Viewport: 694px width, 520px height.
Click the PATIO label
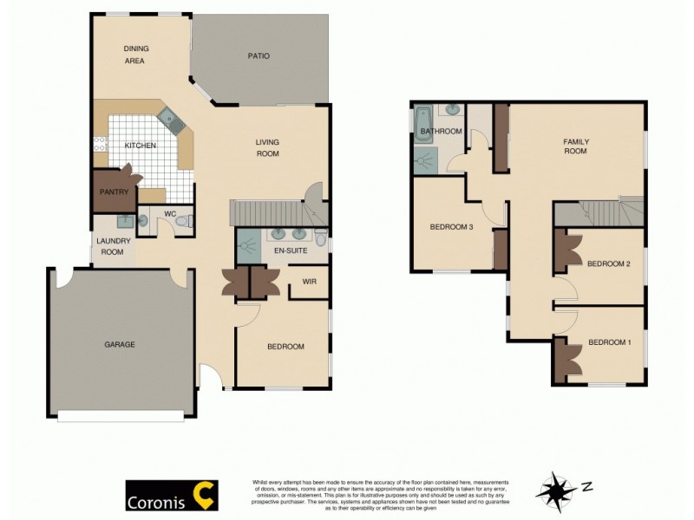259,56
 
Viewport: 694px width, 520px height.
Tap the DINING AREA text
134,55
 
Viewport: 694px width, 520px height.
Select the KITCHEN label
140,146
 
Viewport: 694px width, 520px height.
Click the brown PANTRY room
115,192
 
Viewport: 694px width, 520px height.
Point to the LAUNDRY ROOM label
113,246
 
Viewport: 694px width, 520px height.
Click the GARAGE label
120,344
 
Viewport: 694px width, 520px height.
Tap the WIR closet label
309,282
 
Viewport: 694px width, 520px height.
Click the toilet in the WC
183,222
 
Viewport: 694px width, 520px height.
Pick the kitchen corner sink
171,122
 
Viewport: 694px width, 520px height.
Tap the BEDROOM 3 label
451,227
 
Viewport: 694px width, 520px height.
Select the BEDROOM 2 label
608,263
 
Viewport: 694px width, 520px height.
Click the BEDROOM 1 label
610,342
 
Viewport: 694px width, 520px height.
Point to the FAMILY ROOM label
575,146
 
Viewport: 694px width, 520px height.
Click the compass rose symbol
555,491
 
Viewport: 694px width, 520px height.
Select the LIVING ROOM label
267,147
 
